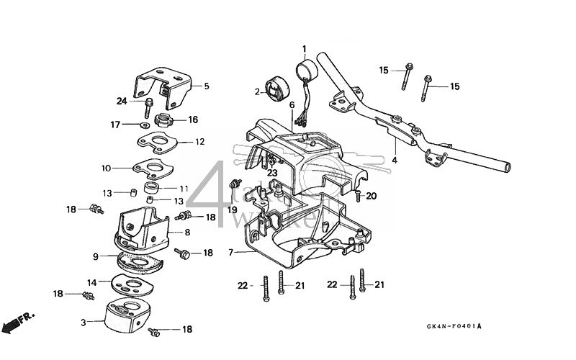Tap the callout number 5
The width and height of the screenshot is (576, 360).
[206, 86]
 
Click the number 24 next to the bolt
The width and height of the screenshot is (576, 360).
[122, 101]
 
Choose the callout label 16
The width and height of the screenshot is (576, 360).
[192, 120]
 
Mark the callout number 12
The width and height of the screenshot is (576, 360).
[199, 142]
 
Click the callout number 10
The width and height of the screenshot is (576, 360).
[106, 168]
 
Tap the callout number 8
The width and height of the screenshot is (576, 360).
[187, 233]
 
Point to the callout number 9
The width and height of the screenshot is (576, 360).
[96, 256]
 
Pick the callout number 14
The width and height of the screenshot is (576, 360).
[92, 282]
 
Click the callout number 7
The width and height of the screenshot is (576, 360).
[230, 253]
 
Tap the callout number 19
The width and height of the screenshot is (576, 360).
[233, 210]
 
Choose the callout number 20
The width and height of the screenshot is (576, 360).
[372, 196]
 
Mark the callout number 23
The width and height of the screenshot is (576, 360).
[272, 173]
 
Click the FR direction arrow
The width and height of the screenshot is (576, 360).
[16, 321]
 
